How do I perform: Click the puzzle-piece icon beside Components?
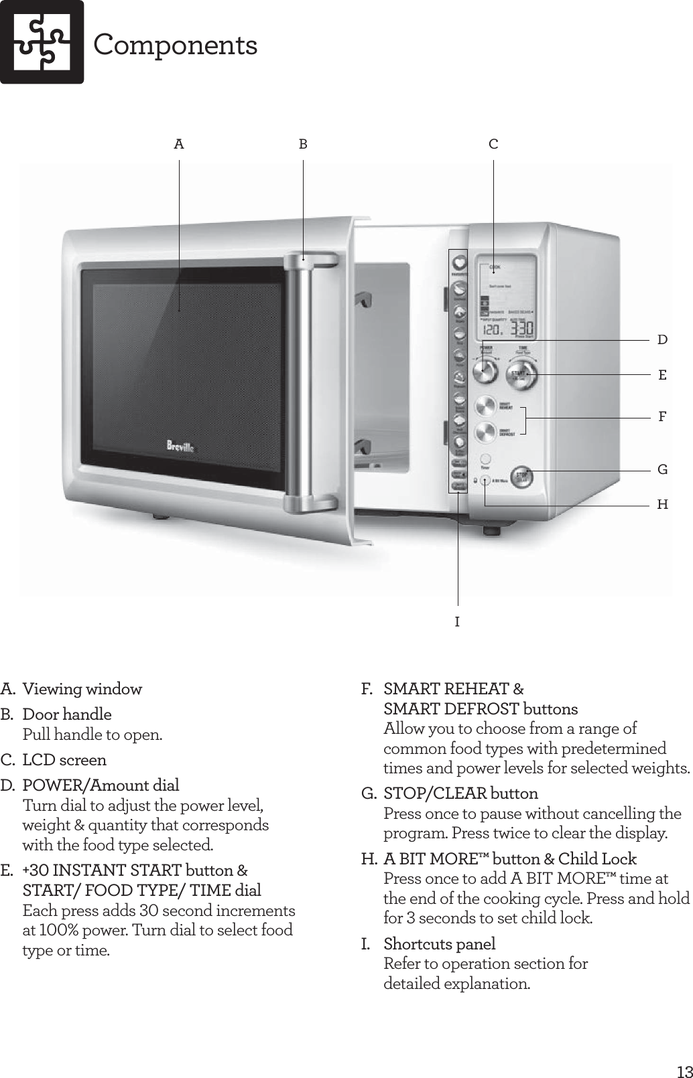pyautogui.click(x=42, y=42)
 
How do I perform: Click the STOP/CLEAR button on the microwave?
pyautogui.click(x=523, y=476)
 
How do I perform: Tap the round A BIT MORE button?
pyautogui.click(x=485, y=479)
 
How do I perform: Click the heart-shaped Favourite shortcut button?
pyautogui.click(x=458, y=262)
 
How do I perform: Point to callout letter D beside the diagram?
pyautogui.click(x=662, y=340)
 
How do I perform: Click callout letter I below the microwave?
pyautogui.click(x=457, y=622)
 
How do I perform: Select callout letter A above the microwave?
pyautogui.click(x=179, y=144)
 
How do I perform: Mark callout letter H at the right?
pyautogui.click(x=662, y=505)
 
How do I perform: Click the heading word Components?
pyautogui.click(x=175, y=46)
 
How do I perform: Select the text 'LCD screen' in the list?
pyautogui.click(x=64, y=760)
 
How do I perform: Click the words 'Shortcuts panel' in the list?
pyautogui.click(x=439, y=944)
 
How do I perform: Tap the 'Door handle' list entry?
pyautogui.click(x=67, y=714)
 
